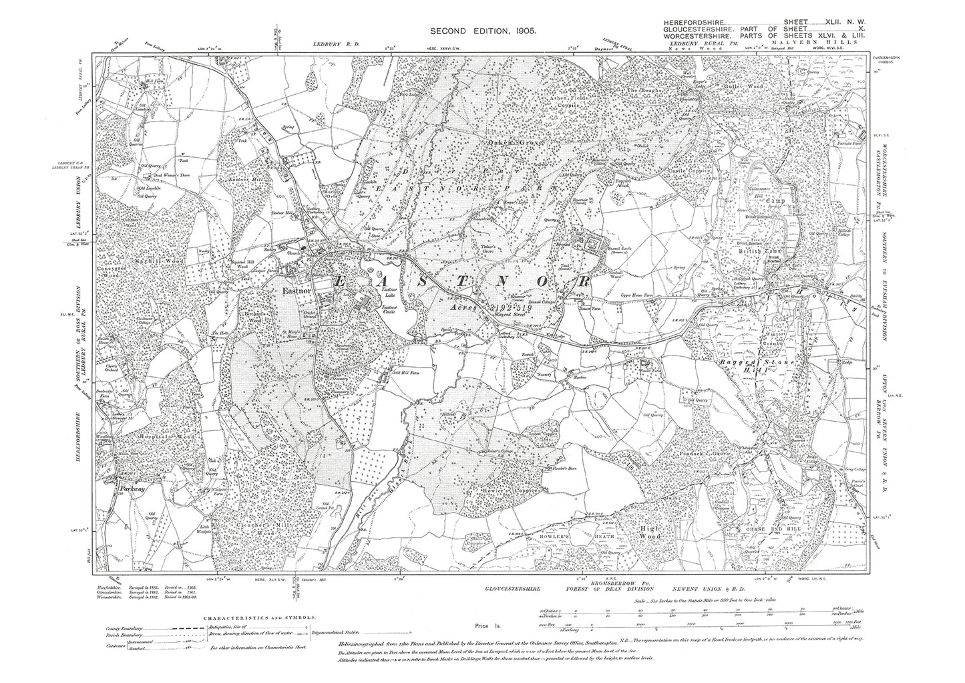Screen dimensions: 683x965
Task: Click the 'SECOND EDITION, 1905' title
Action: (481, 31)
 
